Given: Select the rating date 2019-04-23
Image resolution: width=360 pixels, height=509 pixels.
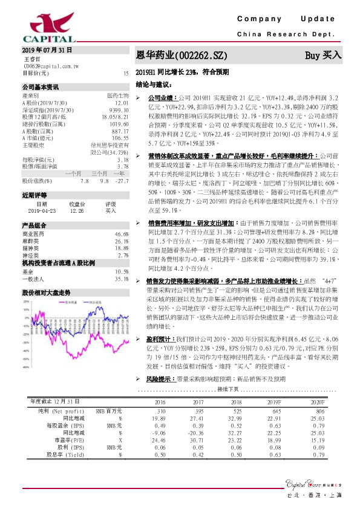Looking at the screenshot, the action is [41, 211].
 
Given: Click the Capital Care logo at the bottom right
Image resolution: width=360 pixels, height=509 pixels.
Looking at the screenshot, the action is [307, 482].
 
